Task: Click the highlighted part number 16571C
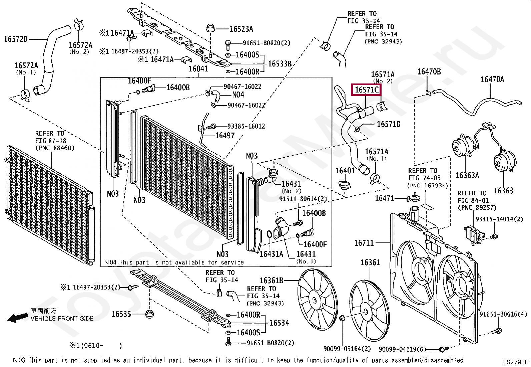click(x=366, y=90)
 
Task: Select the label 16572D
click(x=16, y=39)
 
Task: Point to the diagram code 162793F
click(x=516, y=362)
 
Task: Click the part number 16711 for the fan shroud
click(x=364, y=243)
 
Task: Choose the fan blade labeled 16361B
click(x=317, y=300)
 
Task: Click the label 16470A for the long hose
click(x=492, y=79)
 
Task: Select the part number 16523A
click(x=241, y=29)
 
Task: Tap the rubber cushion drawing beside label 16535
click(x=150, y=314)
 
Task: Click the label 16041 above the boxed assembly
click(x=198, y=69)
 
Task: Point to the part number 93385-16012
click(x=246, y=126)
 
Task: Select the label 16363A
click(x=467, y=175)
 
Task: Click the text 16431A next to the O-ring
click(x=271, y=254)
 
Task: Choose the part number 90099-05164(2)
click(x=347, y=349)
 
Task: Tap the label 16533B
click(x=280, y=63)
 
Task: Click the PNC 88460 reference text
click(x=55, y=148)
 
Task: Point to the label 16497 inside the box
click(x=225, y=136)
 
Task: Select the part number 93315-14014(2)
click(x=499, y=219)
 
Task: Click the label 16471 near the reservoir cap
click(x=385, y=198)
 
